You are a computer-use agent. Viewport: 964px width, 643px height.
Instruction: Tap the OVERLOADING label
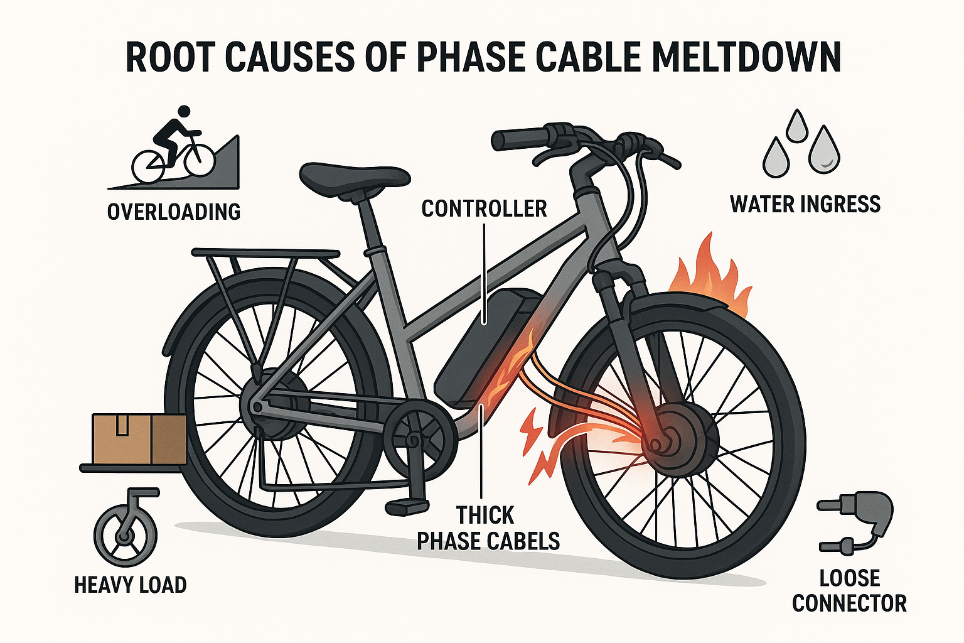[174, 212]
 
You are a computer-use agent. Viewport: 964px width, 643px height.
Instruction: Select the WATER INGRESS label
[805, 205]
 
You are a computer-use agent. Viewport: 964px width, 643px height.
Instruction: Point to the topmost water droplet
[797, 126]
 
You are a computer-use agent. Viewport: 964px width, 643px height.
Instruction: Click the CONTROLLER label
[484, 209]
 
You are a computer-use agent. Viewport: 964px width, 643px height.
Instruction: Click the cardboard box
[139, 438]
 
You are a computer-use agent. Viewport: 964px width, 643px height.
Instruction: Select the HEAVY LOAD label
[131, 585]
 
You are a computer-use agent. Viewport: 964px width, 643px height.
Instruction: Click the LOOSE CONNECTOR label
[849, 590]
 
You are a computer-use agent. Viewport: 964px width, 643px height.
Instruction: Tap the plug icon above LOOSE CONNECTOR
[857, 521]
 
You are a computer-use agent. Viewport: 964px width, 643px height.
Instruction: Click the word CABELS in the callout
[525, 541]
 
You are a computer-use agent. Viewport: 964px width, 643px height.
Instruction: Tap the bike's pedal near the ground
[407, 505]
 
